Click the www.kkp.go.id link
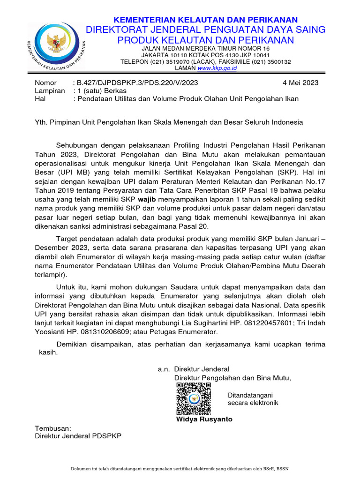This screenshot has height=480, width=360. pyautogui.click(x=217, y=68)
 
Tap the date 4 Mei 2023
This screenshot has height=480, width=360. pyautogui.click(x=300, y=82)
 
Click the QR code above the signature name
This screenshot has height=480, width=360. pyautogui.click(x=194, y=399)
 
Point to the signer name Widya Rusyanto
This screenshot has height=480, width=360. pyautogui.click(x=204, y=419)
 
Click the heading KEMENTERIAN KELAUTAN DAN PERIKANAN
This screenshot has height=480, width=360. pyautogui.click(x=207, y=20)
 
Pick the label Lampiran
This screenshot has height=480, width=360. pyautogui.click(x=50, y=91)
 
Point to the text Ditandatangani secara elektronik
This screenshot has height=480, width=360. pyautogui.click(x=253, y=399)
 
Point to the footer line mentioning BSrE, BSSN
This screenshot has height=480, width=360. pyautogui.click(x=180, y=469)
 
